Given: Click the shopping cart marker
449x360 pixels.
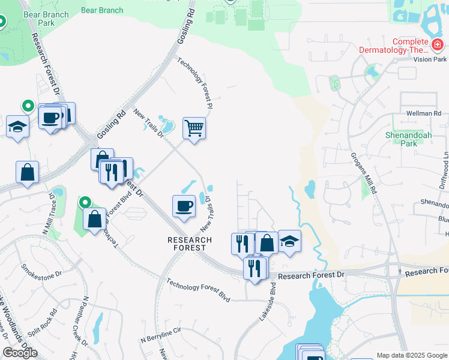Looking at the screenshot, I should [x=194, y=128].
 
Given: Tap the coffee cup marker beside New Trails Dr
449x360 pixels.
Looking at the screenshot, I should [x=184, y=206].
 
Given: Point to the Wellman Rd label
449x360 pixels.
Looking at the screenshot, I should [x=424, y=113].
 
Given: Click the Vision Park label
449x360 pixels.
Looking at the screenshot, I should [x=430, y=59].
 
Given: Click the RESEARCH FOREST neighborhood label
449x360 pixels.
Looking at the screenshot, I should [x=190, y=244].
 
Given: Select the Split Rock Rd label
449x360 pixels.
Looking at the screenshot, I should [x=46, y=321].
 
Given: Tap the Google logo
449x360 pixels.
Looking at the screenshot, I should [x=20, y=353].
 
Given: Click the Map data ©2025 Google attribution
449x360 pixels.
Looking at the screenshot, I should [x=412, y=355].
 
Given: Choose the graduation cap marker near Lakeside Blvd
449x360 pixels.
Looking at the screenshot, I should [x=289, y=242].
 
